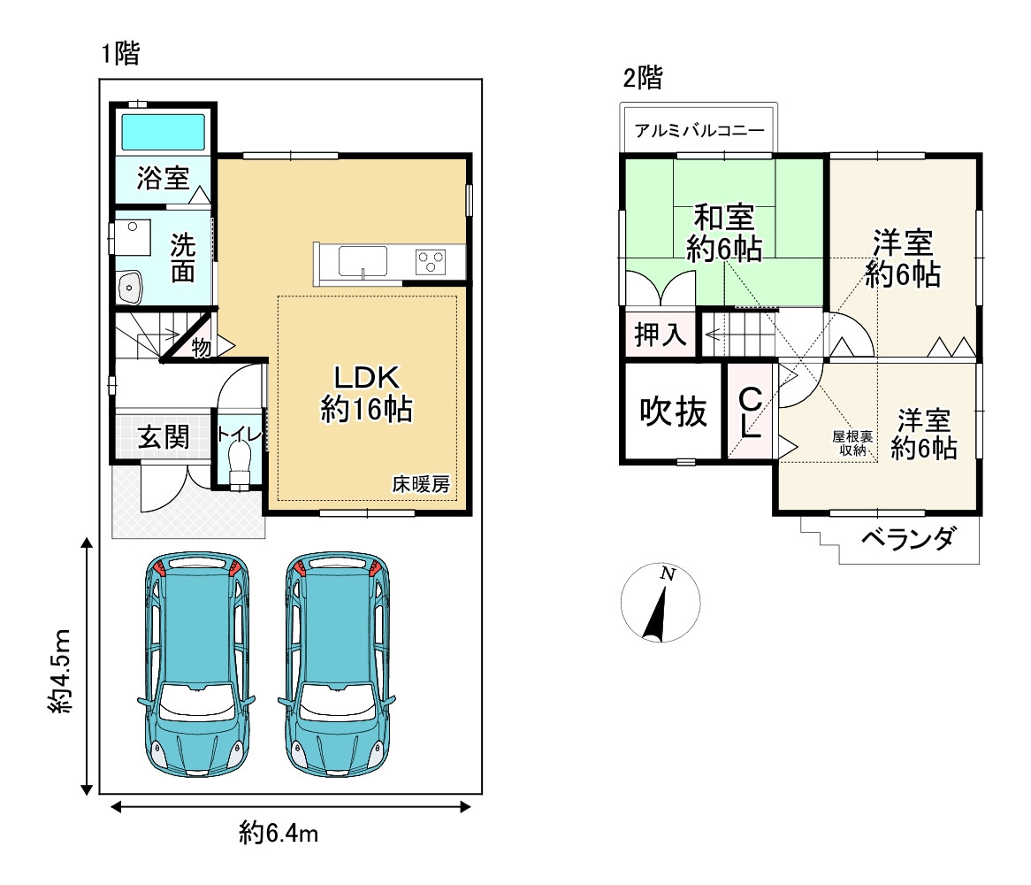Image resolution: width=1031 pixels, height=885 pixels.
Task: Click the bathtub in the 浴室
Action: click(163, 132)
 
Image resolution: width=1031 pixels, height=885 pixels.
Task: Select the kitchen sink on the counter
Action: click(363, 261)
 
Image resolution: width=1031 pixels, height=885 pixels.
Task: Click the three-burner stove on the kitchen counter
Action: click(431, 261)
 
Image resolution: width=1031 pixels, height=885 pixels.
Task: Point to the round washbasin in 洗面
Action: click(130, 288)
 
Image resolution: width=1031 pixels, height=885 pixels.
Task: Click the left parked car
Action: click(196, 664)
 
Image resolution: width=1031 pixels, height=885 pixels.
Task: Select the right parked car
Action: click(337, 664)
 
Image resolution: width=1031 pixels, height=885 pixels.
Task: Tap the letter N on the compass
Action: click(668, 573)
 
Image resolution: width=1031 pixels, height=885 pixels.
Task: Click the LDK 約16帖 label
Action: click(366, 394)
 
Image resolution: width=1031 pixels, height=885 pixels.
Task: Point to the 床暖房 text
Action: click(421, 484)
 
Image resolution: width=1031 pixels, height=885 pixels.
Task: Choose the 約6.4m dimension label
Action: click(279, 833)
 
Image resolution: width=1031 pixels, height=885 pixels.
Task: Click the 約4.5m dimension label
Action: click(59, 671)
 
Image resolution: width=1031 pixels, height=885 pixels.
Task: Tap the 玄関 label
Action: click(163, 436)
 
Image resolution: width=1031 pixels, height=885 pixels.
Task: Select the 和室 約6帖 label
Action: click(724, 234)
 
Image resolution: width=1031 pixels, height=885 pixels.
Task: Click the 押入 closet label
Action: click(661, 335)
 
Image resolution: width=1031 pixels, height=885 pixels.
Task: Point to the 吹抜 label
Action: click(673, 412)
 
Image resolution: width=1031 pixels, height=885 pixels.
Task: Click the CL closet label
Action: click(750, 412)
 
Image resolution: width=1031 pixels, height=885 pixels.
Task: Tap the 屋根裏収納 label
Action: click(852, 443)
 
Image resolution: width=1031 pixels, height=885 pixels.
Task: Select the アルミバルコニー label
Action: click(699, 130)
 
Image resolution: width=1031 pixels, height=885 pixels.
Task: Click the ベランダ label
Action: click(907, 540)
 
